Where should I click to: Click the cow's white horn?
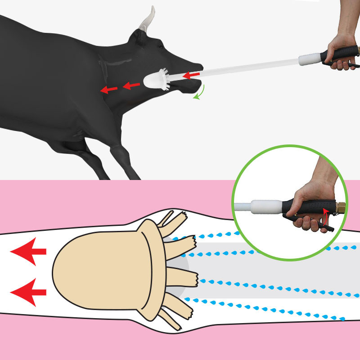pos(147,20)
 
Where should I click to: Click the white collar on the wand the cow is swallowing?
pos(309,59)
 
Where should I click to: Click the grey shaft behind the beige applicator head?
pos(270,270)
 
